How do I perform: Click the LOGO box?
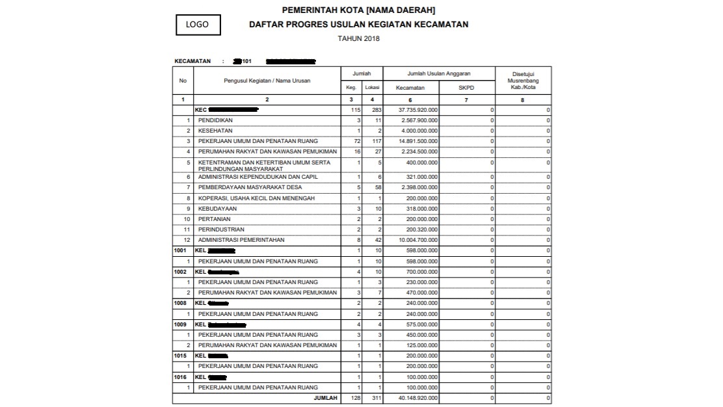[x=198, y=25]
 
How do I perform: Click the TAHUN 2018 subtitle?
[x=359, y=38]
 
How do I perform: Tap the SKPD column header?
[x=467, y=87]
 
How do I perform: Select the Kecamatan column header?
[x=411, y=87]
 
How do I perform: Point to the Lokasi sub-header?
[x=373, y=87]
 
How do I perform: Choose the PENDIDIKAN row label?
[x=216, y=120]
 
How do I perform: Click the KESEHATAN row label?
[x=215, y=131]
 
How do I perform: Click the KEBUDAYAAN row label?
[x=217, y=209]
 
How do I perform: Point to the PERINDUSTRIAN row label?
[x=221, y=230]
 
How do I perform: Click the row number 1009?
[x=180, y=324]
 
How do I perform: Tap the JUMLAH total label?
[x=325, y=398]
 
